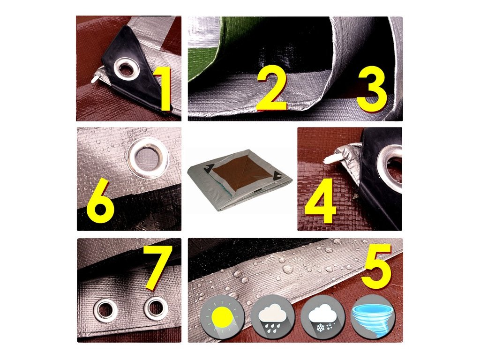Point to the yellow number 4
(x=321, y=201)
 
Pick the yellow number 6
(x=100, y=201)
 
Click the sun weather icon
(x=223, y=316)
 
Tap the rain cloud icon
(x=273, y=316)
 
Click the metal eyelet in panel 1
(x=127, y=69)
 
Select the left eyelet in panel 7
(x=105, y=310)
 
